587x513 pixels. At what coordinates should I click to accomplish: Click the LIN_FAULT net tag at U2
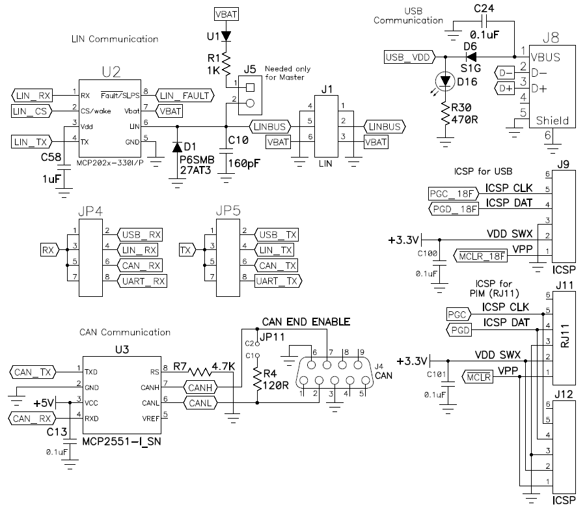(x=186, y=96)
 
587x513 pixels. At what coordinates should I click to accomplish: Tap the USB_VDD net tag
(x=409, y=57)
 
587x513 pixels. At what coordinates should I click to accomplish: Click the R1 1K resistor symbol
(x=226, y=64)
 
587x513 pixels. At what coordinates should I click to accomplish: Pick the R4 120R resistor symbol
(x=258, y=378)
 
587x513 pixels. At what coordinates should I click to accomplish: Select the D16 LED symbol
(x=446, y=81)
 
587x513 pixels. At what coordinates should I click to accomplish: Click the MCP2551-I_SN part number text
(x=121, y=442)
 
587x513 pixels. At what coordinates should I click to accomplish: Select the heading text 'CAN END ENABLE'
(x=306, y=322)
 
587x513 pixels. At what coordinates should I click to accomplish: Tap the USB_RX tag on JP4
(x=141, y=234)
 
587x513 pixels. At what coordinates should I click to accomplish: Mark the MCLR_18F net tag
(x=480, y=256)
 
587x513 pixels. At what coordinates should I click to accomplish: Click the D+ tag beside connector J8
(x=505, y=88)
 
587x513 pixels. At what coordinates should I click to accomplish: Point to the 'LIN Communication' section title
(x=114, y=40)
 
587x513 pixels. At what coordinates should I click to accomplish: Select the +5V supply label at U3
(x=45, y=402)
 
